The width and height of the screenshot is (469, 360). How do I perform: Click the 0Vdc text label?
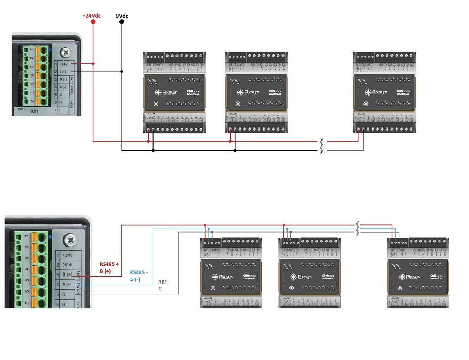122,16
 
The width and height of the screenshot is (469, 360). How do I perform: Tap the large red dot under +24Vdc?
93,22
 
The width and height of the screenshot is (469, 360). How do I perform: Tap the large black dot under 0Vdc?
122,22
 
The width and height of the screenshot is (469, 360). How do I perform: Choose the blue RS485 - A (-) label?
139,276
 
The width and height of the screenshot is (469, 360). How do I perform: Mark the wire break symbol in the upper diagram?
322,146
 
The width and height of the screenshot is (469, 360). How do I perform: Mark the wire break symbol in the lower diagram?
358,229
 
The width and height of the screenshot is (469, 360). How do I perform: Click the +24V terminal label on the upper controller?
64,64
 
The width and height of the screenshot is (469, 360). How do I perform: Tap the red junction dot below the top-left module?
148,141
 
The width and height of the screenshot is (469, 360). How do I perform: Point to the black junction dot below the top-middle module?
235,150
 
